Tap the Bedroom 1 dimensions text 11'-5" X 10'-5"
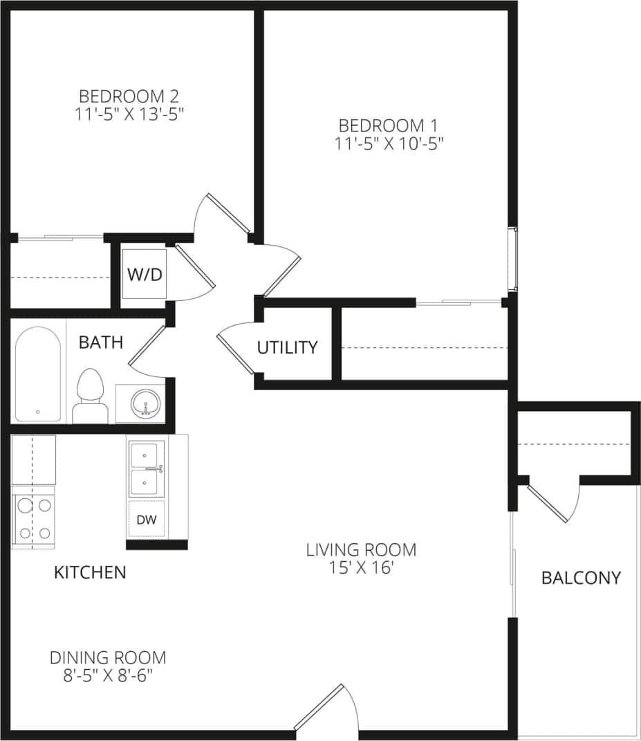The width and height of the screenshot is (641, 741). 389,144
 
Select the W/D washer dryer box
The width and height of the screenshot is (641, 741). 145,274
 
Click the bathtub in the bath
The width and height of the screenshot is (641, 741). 37,374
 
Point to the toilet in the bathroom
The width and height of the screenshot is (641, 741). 90,395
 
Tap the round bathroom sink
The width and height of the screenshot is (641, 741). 145,402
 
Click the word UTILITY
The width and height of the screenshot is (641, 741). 287,347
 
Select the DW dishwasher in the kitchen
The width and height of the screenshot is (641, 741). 146,518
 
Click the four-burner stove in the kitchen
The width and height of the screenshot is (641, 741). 34,518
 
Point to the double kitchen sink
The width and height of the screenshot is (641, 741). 145,469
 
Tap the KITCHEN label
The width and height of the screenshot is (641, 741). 90,572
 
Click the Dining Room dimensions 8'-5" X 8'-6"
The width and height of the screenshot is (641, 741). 108,675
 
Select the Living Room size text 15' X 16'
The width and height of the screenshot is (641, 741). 361,568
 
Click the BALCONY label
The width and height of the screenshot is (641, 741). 581,578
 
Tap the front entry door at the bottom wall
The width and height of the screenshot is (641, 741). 318,707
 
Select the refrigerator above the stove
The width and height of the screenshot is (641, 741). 33,459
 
